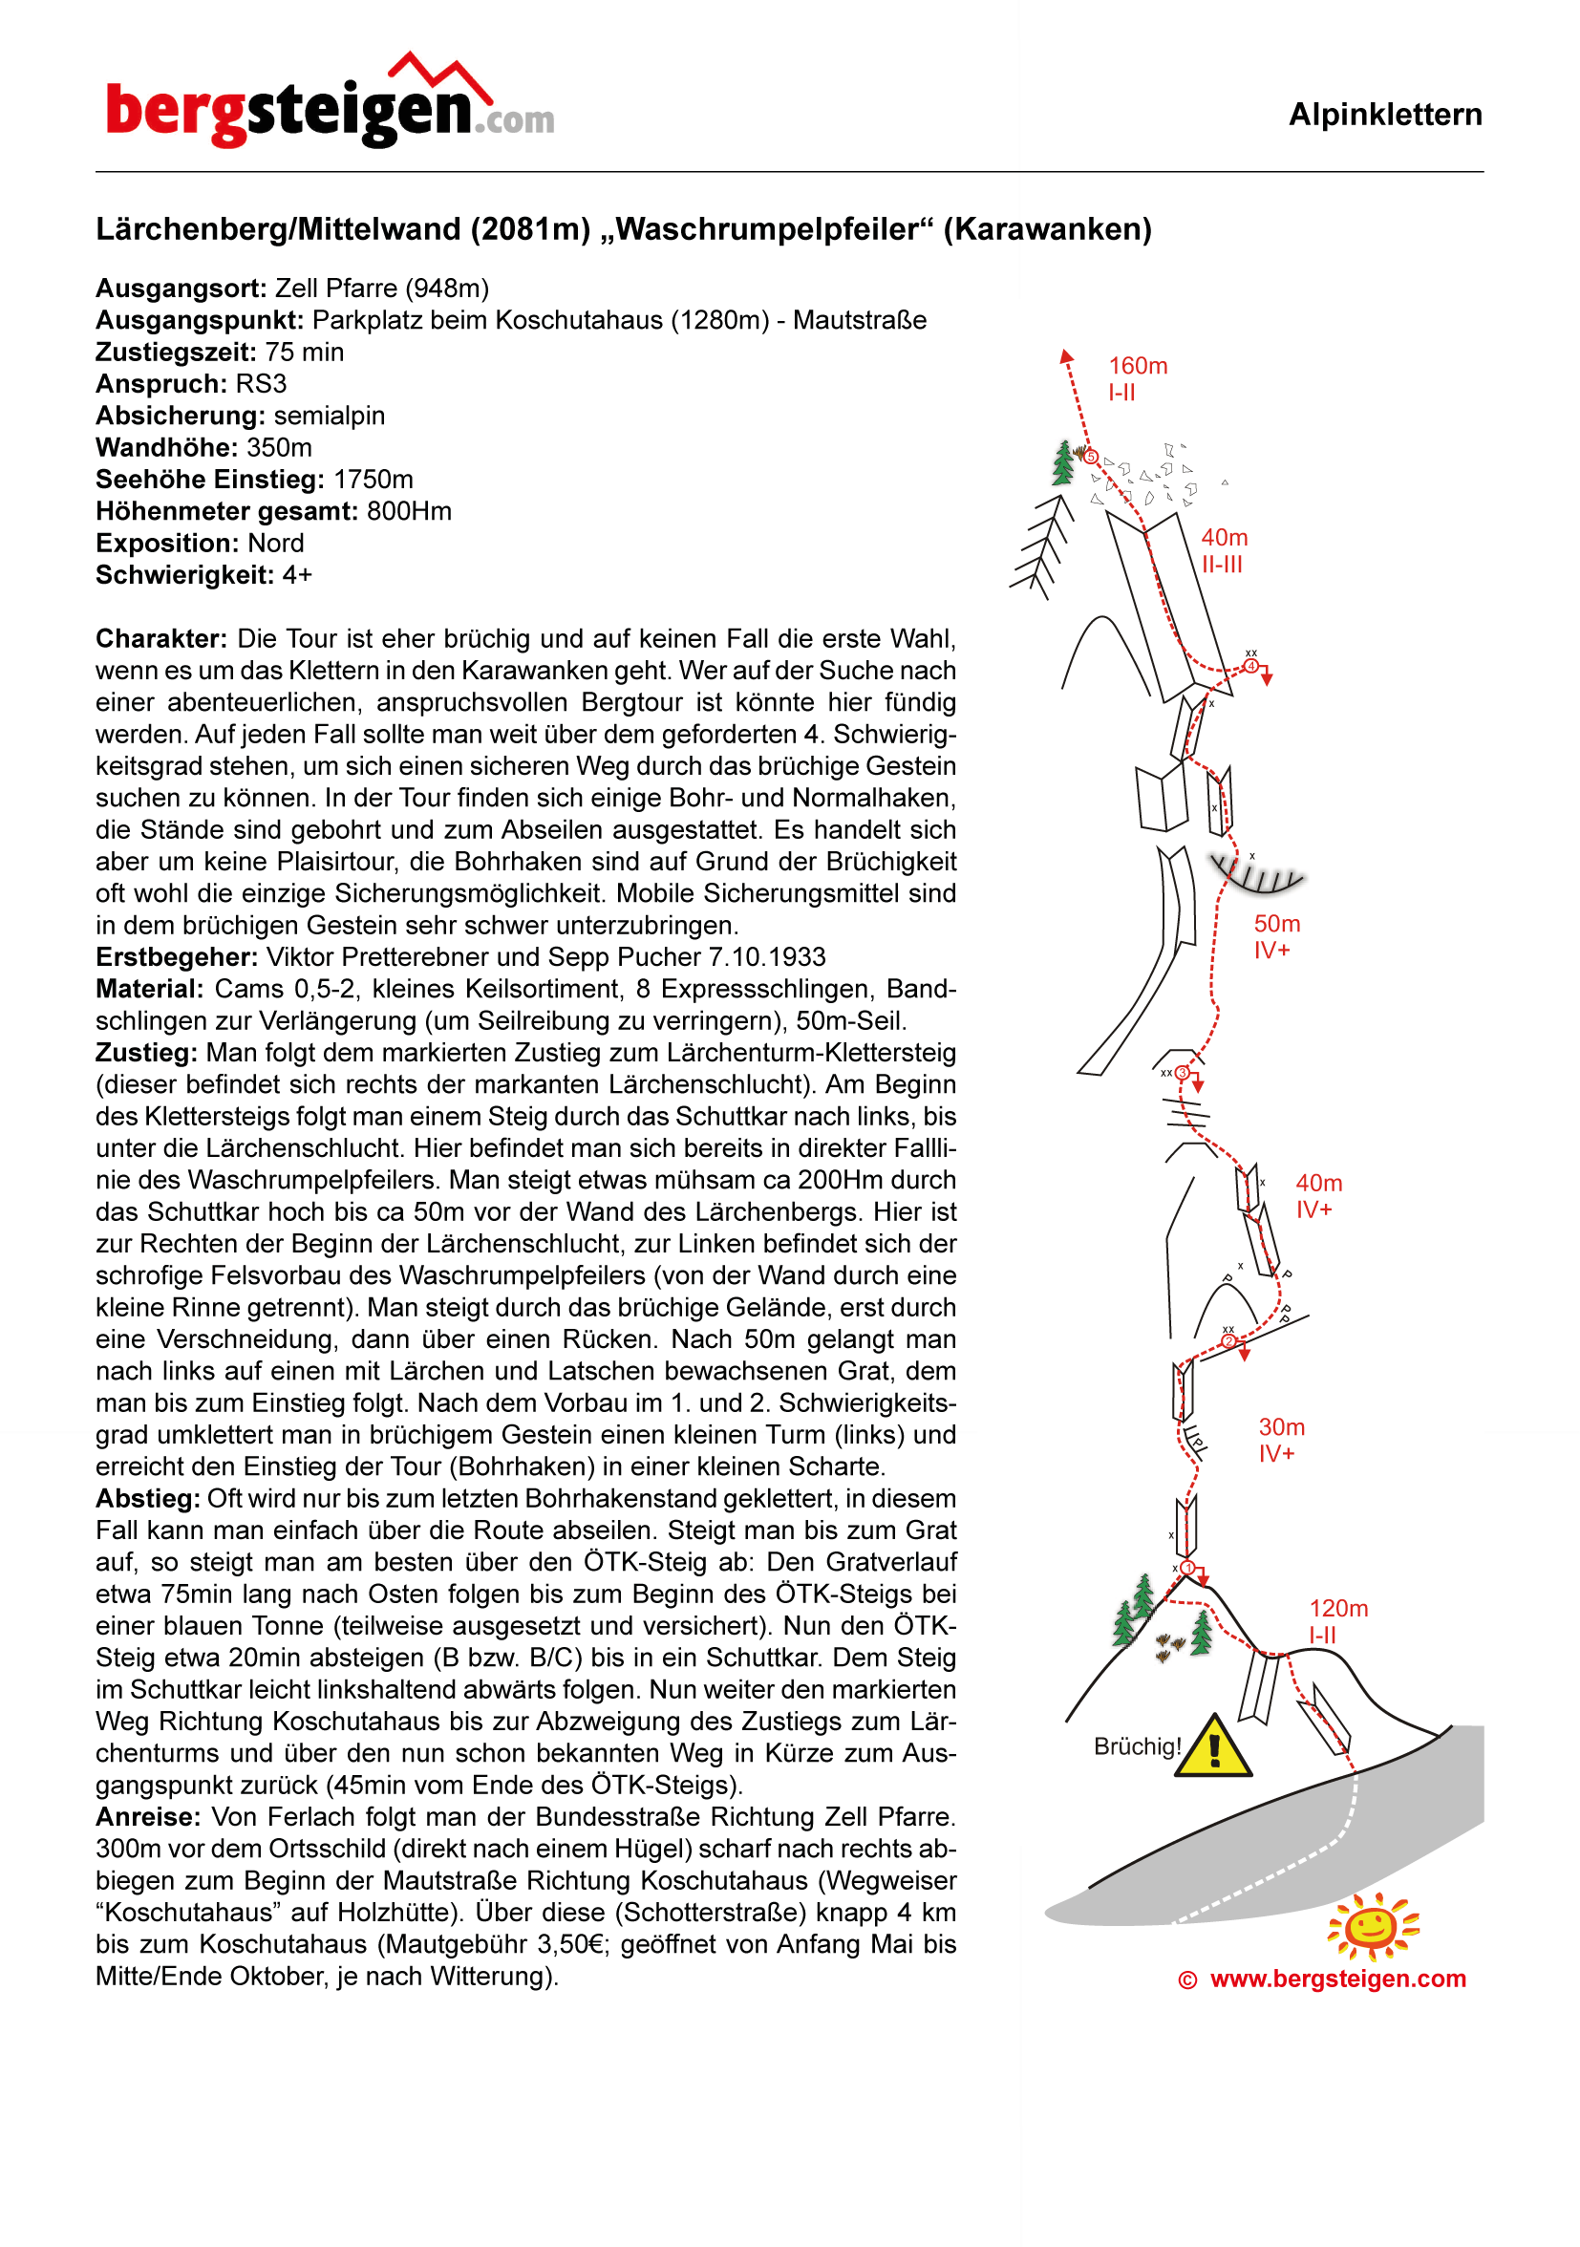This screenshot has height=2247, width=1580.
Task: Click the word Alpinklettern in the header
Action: [x=1384, y=115]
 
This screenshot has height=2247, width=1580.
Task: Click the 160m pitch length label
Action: [x=1138, y=366]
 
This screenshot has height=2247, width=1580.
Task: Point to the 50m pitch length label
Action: [x=1277, y=924]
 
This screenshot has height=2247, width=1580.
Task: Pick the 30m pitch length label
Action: [x=1282, y=1427]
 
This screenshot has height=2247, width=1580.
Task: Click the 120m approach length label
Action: [x=1338, y=1608]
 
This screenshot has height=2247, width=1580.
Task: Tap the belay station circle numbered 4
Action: [x=1251, y=667]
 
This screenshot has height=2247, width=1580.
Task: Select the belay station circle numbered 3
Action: [x=1182, y=1073]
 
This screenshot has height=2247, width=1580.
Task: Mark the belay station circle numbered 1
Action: [x=1187, y=1568]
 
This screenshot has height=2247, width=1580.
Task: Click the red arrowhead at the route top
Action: [x=1067, y=356]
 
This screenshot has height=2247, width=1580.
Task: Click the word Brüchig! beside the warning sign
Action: [x=1137, y=1747]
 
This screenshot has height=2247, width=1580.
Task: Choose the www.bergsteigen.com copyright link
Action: [x=1337, y=1979]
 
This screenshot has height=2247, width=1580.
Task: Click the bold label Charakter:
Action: [x=161, y=639]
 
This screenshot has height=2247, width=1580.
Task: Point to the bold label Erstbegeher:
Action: [x=177, y=957]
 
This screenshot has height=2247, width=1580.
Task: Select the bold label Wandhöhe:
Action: [x=166, y=448]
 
